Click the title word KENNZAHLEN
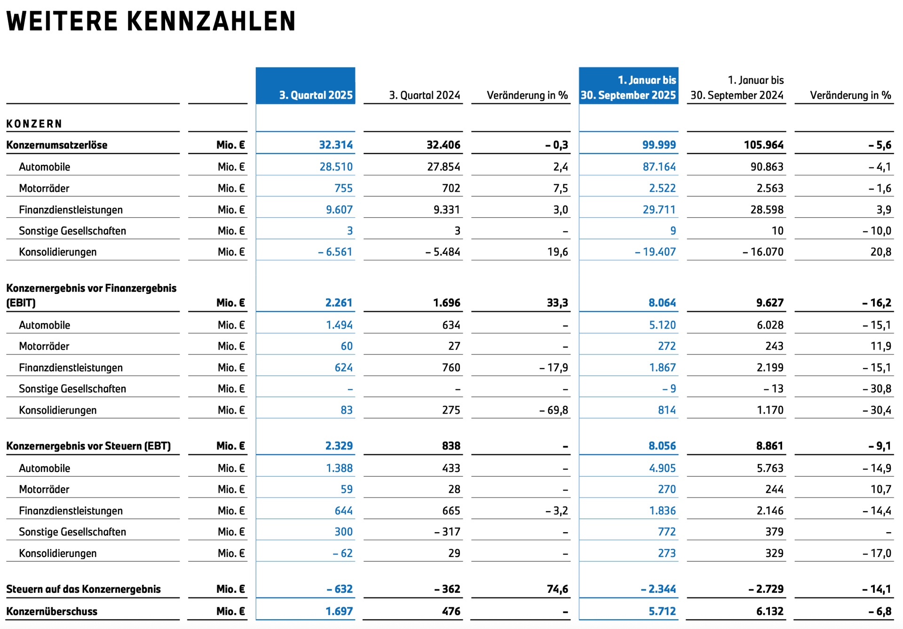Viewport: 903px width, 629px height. [211, 21]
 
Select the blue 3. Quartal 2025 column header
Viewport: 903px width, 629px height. [316, 95]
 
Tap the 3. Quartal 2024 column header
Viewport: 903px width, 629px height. [424, 95]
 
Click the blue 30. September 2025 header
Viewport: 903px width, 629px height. [628, 95]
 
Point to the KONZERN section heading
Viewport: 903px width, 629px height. [34, 124]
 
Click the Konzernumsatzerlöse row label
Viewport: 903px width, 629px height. [57, 145]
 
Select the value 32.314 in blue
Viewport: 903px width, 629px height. [336, 145]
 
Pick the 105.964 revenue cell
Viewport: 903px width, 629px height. [764, 145]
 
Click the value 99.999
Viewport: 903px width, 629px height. [659, 145]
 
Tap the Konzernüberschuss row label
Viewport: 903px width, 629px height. [52, 612]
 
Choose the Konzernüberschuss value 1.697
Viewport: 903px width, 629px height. [339, 612]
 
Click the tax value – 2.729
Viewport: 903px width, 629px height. [766, 590]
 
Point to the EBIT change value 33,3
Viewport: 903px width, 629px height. [557, 303]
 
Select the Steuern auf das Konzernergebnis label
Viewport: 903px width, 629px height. [83, 590]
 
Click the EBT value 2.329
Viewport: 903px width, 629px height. [339, 446]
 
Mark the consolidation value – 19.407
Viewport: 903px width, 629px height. [655, 252]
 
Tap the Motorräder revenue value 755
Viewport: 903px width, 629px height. [343, 189]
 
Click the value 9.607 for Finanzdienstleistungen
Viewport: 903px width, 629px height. [339, 210]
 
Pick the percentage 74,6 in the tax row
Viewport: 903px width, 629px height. [557, 590]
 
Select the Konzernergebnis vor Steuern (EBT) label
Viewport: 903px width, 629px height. [88, 446]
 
